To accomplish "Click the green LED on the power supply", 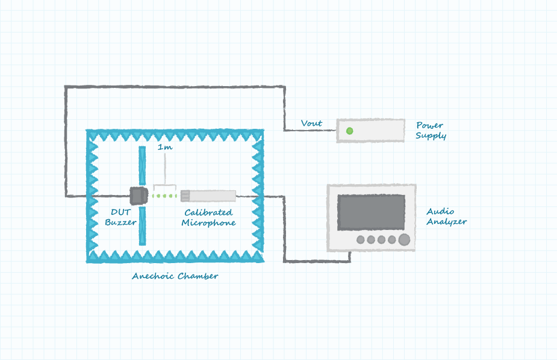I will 349,130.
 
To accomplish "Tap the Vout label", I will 311,123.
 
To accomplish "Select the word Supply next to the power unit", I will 431,136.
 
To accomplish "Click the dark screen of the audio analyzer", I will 370,212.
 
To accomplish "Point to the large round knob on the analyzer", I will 404,240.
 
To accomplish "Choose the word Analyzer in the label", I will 447,222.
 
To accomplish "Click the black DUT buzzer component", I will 138,195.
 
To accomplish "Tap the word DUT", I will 117,212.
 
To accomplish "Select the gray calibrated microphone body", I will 208,195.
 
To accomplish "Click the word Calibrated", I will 208,213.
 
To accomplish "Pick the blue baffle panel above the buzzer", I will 142,165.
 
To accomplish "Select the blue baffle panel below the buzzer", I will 142,226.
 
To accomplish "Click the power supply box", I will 370,130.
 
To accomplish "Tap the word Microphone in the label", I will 208,223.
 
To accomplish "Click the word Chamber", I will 198,276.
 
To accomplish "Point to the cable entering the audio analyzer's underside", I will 350,256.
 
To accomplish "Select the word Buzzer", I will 120,222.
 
